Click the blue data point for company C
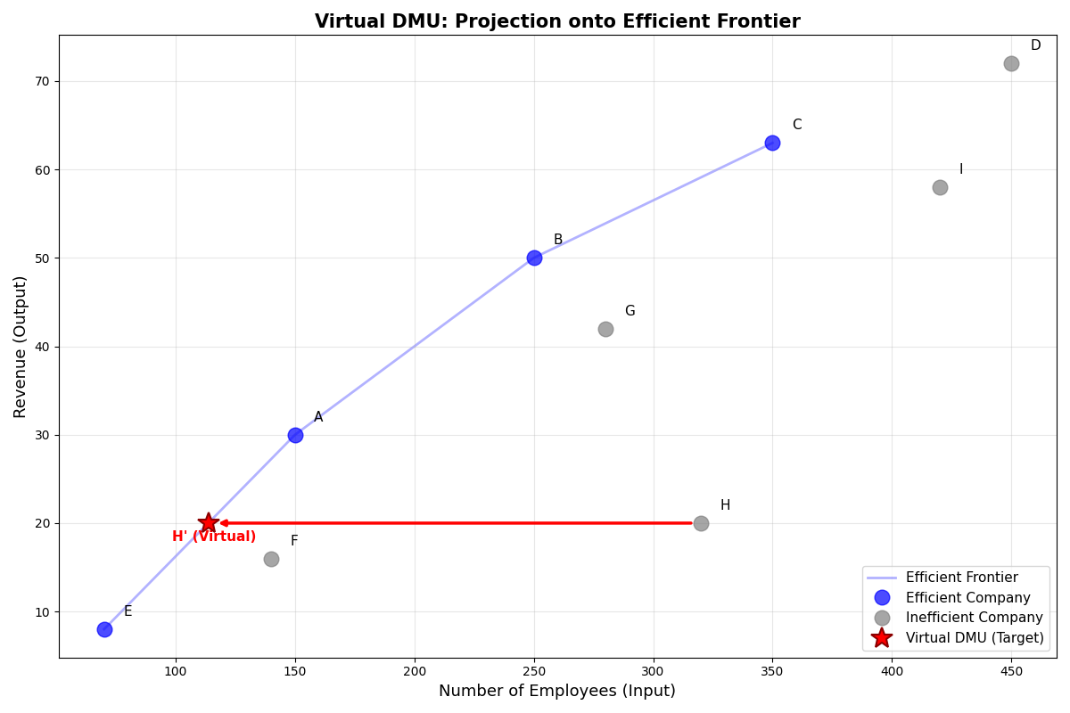(x=772, y=143)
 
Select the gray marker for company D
(x=1011, y=63)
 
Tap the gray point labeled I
(x=940, y=187)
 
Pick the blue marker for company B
(x=534, y=258)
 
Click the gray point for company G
(x=605, y=329)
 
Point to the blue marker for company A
(x=295, y=435)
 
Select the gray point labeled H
(x=701, y=523)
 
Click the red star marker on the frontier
(x=209, y=523)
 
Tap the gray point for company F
(x=271, y=559)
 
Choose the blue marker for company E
(x=104, y=629)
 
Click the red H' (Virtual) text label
(x=214, y=537)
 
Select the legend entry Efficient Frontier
(x=961, y=578)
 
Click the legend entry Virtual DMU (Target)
(x=974, y=637)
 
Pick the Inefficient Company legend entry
(x=974, y=618)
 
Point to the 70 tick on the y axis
(x=42, y=81)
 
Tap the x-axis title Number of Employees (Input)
(x=557, y=691)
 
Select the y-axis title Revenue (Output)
(x=20, y=346)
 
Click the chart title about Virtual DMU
(x=557, y=21)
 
